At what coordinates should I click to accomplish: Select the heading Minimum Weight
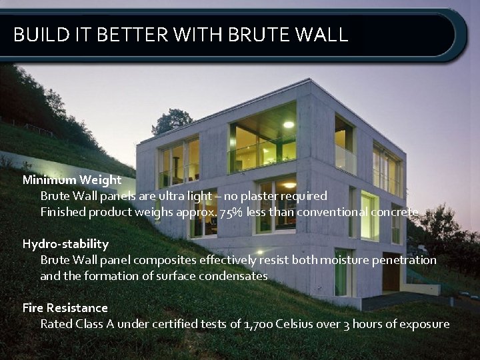[72, 179]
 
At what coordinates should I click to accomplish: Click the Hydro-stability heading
[65, 243]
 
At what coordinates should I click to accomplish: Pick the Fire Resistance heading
[65, 307]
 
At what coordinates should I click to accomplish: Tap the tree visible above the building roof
[172, 121]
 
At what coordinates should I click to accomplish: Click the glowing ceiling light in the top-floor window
[288, 125]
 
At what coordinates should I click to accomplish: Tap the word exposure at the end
[424, 324]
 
